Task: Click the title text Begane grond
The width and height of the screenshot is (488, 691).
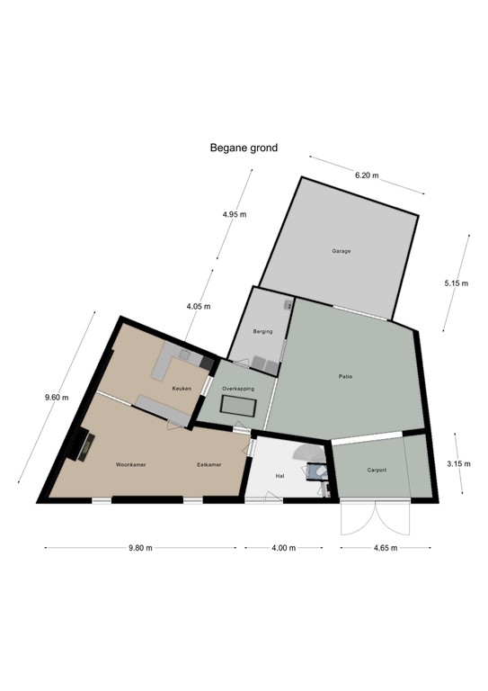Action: click(244, 148)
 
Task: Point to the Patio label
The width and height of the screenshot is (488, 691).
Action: click(345, 376)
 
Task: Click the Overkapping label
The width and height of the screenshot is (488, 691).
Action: click(238, 389)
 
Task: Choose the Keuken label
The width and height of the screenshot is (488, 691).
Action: click(182, 389)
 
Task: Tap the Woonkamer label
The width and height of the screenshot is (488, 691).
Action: click(130, 465)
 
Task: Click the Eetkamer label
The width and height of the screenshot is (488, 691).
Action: click(210, 465)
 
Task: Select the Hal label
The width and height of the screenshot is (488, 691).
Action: click(279, 475)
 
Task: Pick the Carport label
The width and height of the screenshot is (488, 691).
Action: click(377, 471)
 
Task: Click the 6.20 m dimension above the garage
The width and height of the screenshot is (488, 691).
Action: click(367, 175)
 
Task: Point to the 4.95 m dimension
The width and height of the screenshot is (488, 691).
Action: click(234, 215)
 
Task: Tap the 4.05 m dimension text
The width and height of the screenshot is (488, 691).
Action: click(198, 307)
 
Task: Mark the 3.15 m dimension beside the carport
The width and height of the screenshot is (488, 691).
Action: click(458, 463)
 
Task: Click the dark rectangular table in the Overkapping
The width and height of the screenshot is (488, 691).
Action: click(244, 410)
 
